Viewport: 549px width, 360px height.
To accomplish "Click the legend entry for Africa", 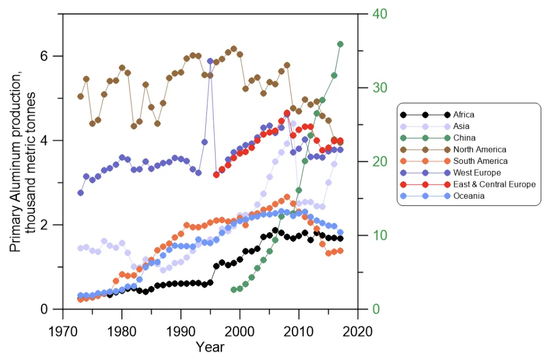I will [463, 114].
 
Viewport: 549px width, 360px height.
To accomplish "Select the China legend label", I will [464, 138].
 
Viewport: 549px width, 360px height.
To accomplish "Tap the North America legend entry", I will [479, 149].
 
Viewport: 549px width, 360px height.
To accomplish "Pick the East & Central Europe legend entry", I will [494, 184].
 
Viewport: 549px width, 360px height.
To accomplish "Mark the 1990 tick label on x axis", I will [181, 331].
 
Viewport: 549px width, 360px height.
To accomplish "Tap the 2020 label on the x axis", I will [358, 331].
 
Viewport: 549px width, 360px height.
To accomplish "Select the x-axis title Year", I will [210, 347].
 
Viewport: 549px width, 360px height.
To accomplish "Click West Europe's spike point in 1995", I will [210, 61].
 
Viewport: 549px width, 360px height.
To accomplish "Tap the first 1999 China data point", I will [234, 290].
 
